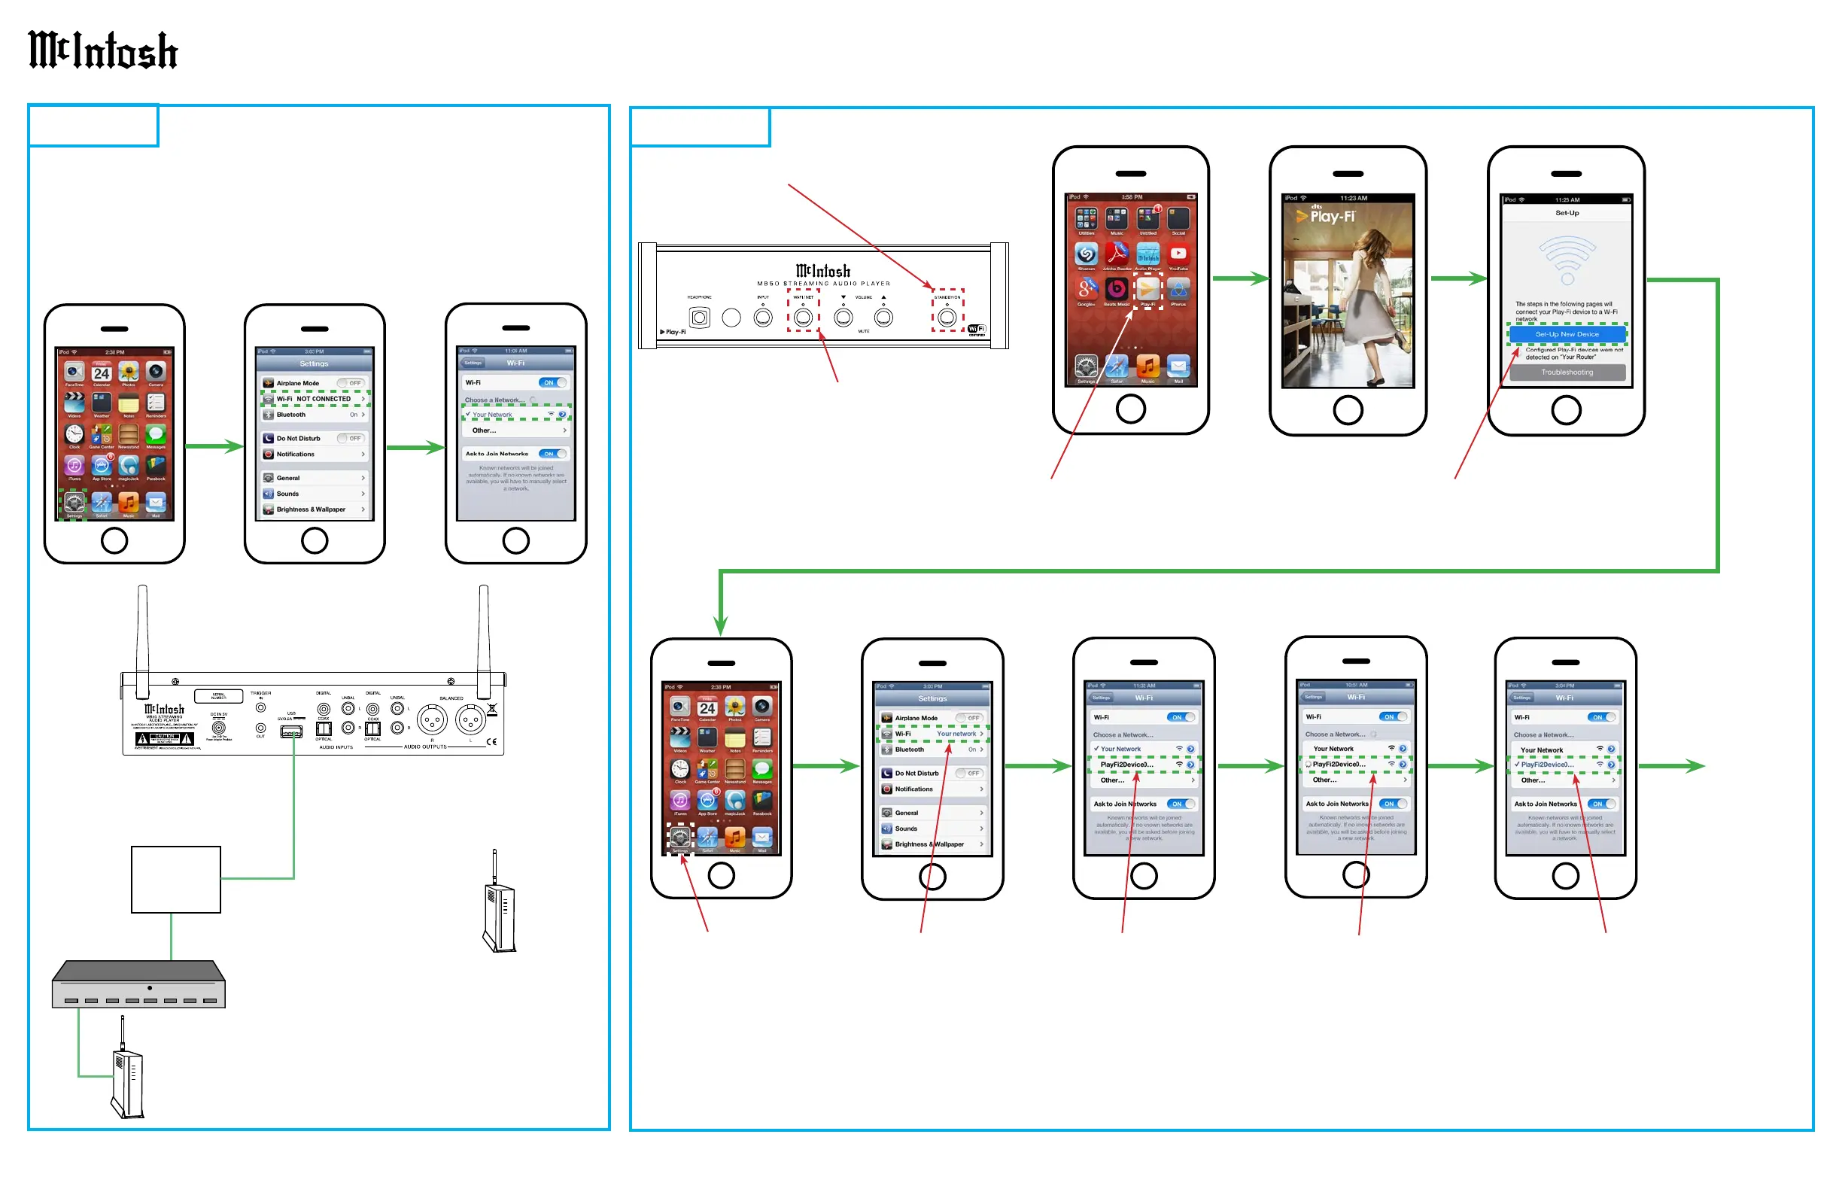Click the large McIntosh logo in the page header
(103, 50)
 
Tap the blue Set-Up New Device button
(1567, 334)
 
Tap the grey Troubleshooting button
(1567, 372)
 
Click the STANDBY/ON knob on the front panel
(947, 318)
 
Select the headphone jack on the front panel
(699, 318)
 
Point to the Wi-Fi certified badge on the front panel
(977, 330)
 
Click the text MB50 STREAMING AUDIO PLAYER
(823, 284)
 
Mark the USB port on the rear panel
(291, 731)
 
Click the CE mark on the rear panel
(491, 741)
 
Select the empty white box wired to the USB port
(175, 879)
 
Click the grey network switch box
(138, 985)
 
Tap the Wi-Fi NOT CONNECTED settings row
(315, 400)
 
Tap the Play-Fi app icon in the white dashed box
(1147, 289)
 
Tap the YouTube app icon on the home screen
(1178, 254)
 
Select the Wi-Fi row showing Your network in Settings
(932, 734)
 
